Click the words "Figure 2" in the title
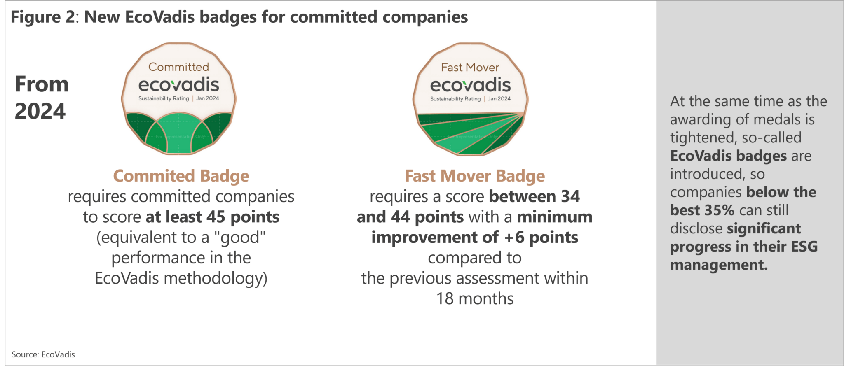point(43,17)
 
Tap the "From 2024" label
point(42,98)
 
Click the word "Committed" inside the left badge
point(178,67)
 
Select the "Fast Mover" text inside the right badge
point(470,67)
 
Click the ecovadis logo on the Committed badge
point(179,84)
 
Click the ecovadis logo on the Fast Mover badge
point(471,85)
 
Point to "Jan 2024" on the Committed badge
point(208,98)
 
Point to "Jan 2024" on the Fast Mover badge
point(499,99)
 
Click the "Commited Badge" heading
point(181,176)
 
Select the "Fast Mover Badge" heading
point(475,176)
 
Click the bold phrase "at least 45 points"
point(213,217)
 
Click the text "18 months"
point(475,298)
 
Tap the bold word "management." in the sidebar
point(719,265)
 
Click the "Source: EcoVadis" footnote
point(43,354)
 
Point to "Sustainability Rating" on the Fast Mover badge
point(455,99)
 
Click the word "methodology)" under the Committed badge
point(216,279)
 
